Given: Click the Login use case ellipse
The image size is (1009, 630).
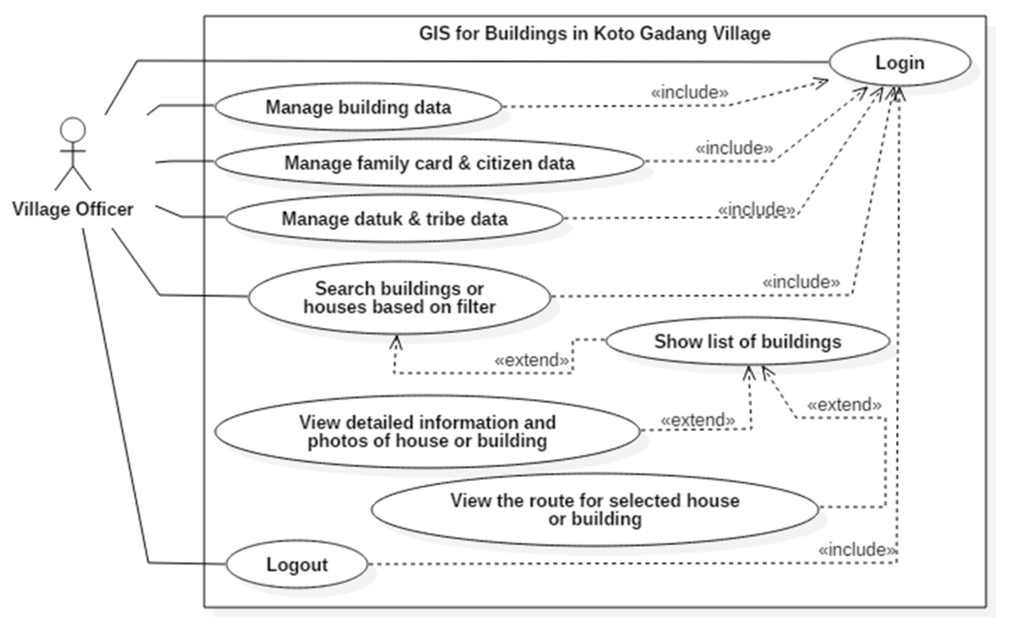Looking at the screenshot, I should coord(900,63).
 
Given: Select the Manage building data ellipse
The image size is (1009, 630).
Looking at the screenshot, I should coord(358,107).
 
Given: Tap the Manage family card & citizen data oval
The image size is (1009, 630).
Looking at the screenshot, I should coord(429,163).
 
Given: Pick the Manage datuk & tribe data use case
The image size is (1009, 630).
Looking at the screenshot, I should coord(394,219).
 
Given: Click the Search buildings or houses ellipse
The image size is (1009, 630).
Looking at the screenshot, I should coord(399,298).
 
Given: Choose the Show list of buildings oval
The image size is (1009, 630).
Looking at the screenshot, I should coord(747,342).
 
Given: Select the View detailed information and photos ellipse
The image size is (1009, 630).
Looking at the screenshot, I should coord(427,432).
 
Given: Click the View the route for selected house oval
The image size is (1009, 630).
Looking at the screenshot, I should coord(595,510).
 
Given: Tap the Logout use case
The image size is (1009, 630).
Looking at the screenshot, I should coord(297,565).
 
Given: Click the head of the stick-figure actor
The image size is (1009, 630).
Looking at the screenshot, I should coord(73,130).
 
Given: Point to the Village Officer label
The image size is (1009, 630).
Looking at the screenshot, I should coord(73,209).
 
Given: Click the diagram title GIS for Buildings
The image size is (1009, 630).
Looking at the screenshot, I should coord(595,33).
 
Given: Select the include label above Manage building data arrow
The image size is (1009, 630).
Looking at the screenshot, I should coord(690,92).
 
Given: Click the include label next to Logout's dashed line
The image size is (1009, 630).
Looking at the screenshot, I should coord(857,550).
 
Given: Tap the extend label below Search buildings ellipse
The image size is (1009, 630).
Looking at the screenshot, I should coord(531,360).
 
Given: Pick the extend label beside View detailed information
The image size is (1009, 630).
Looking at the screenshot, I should coord(697,420).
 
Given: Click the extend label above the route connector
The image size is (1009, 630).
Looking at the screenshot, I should coord(844,405).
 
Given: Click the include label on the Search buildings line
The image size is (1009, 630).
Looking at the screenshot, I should coord(801,282).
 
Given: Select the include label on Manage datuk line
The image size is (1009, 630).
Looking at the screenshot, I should coord(756,209).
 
